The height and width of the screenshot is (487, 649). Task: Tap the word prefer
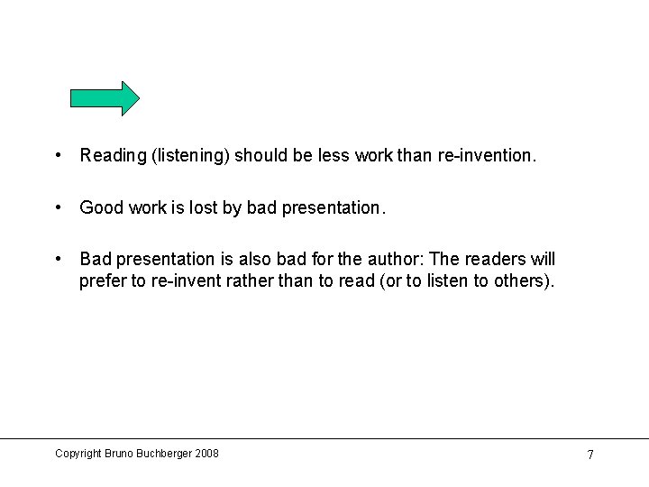[x=102, y=281]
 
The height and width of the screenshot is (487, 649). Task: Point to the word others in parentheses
[x=519, y=281]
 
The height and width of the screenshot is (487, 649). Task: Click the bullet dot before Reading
[x=58, y=155]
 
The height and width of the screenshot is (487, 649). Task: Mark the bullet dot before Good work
[x=58, y=207]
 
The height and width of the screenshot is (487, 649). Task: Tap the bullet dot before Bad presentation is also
[x=58, y=260]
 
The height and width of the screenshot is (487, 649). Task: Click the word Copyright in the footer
[x=78, y=454]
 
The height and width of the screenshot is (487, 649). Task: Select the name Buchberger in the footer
[x=163, y=454]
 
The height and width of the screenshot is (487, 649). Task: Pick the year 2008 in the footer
[x=206, y=454]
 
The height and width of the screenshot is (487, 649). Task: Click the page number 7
[x=590, y=455]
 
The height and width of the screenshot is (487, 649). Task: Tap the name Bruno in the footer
[x=120, y=454]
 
